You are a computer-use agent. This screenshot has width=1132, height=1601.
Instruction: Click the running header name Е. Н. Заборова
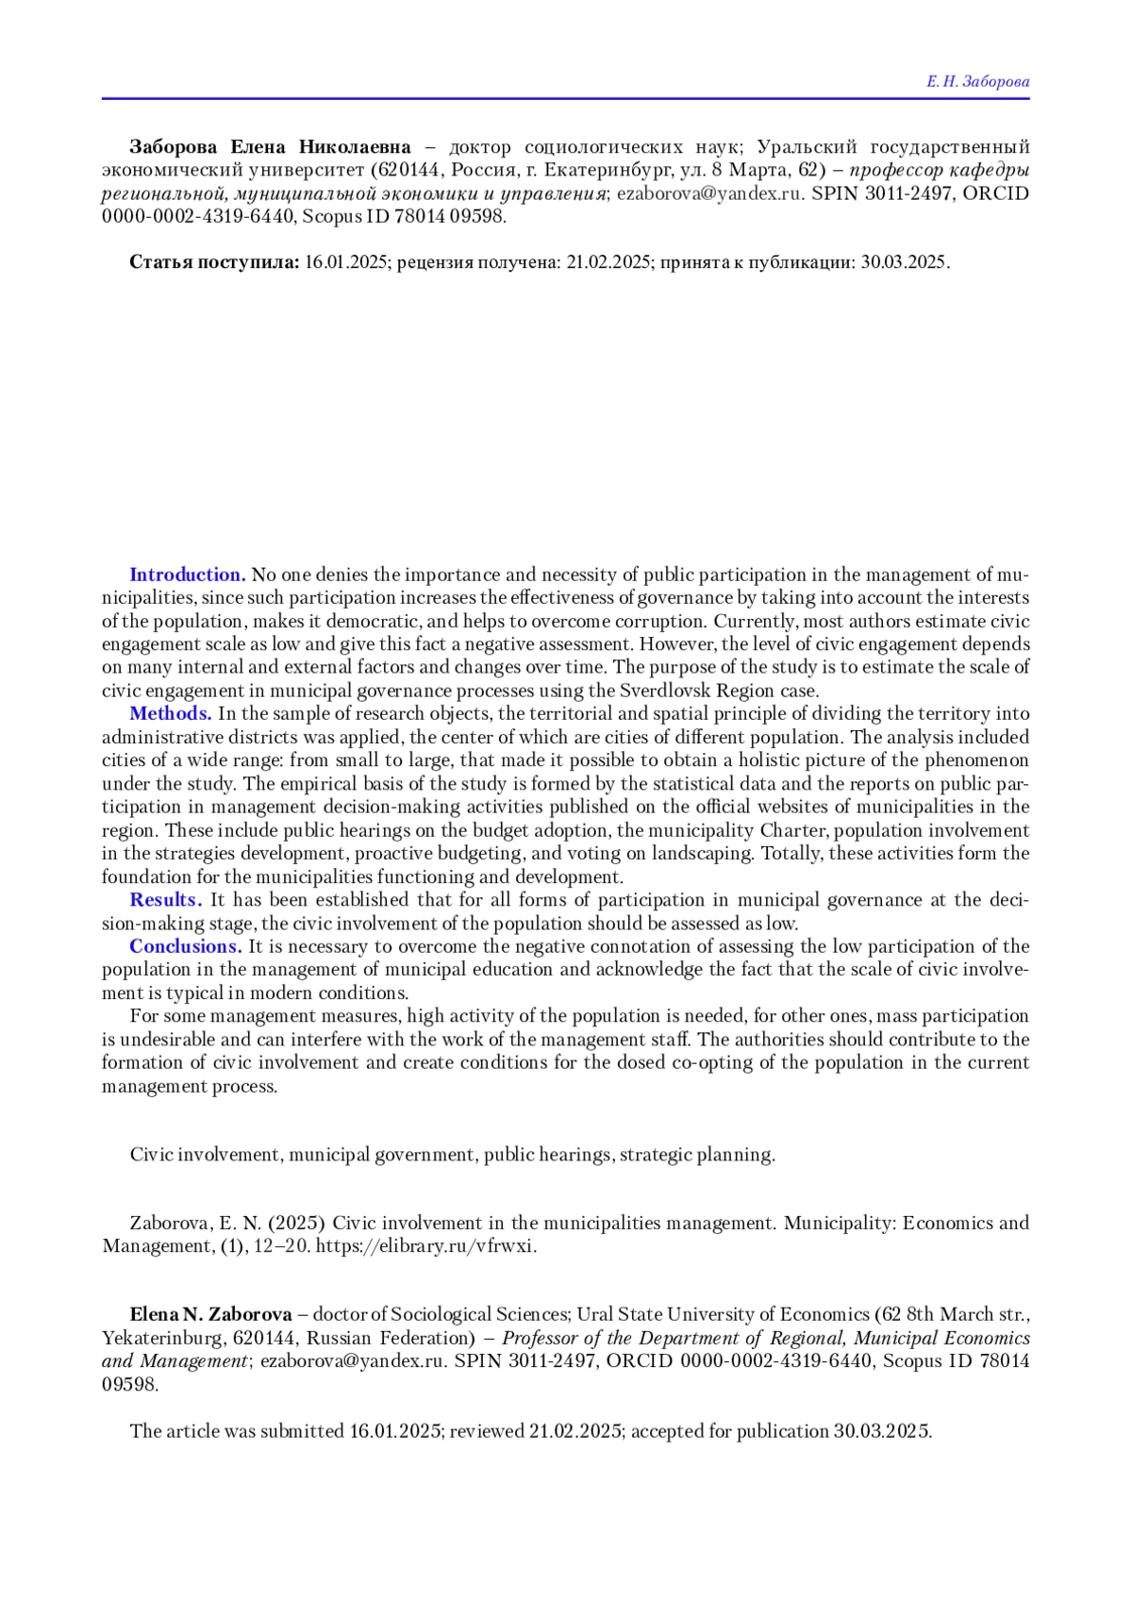[x=977, y=82]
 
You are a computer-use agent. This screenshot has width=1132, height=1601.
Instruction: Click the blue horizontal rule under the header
[x=566, y=98]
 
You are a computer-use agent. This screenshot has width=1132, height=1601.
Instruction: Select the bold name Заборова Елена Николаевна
[x=270, y=147]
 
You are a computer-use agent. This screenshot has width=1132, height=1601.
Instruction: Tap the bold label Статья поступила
[x=214, y=262]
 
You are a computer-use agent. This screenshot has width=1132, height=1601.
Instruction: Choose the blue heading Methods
[x=171, y=713]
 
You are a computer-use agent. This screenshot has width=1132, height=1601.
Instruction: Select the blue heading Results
[x=166, y=899]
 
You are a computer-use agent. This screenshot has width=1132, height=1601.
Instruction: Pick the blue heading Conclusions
[x=186, y=946]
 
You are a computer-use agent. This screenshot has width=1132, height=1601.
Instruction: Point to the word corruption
[x=661, y=622]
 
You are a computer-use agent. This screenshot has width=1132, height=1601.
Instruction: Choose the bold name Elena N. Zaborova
[x=210, y=1314]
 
